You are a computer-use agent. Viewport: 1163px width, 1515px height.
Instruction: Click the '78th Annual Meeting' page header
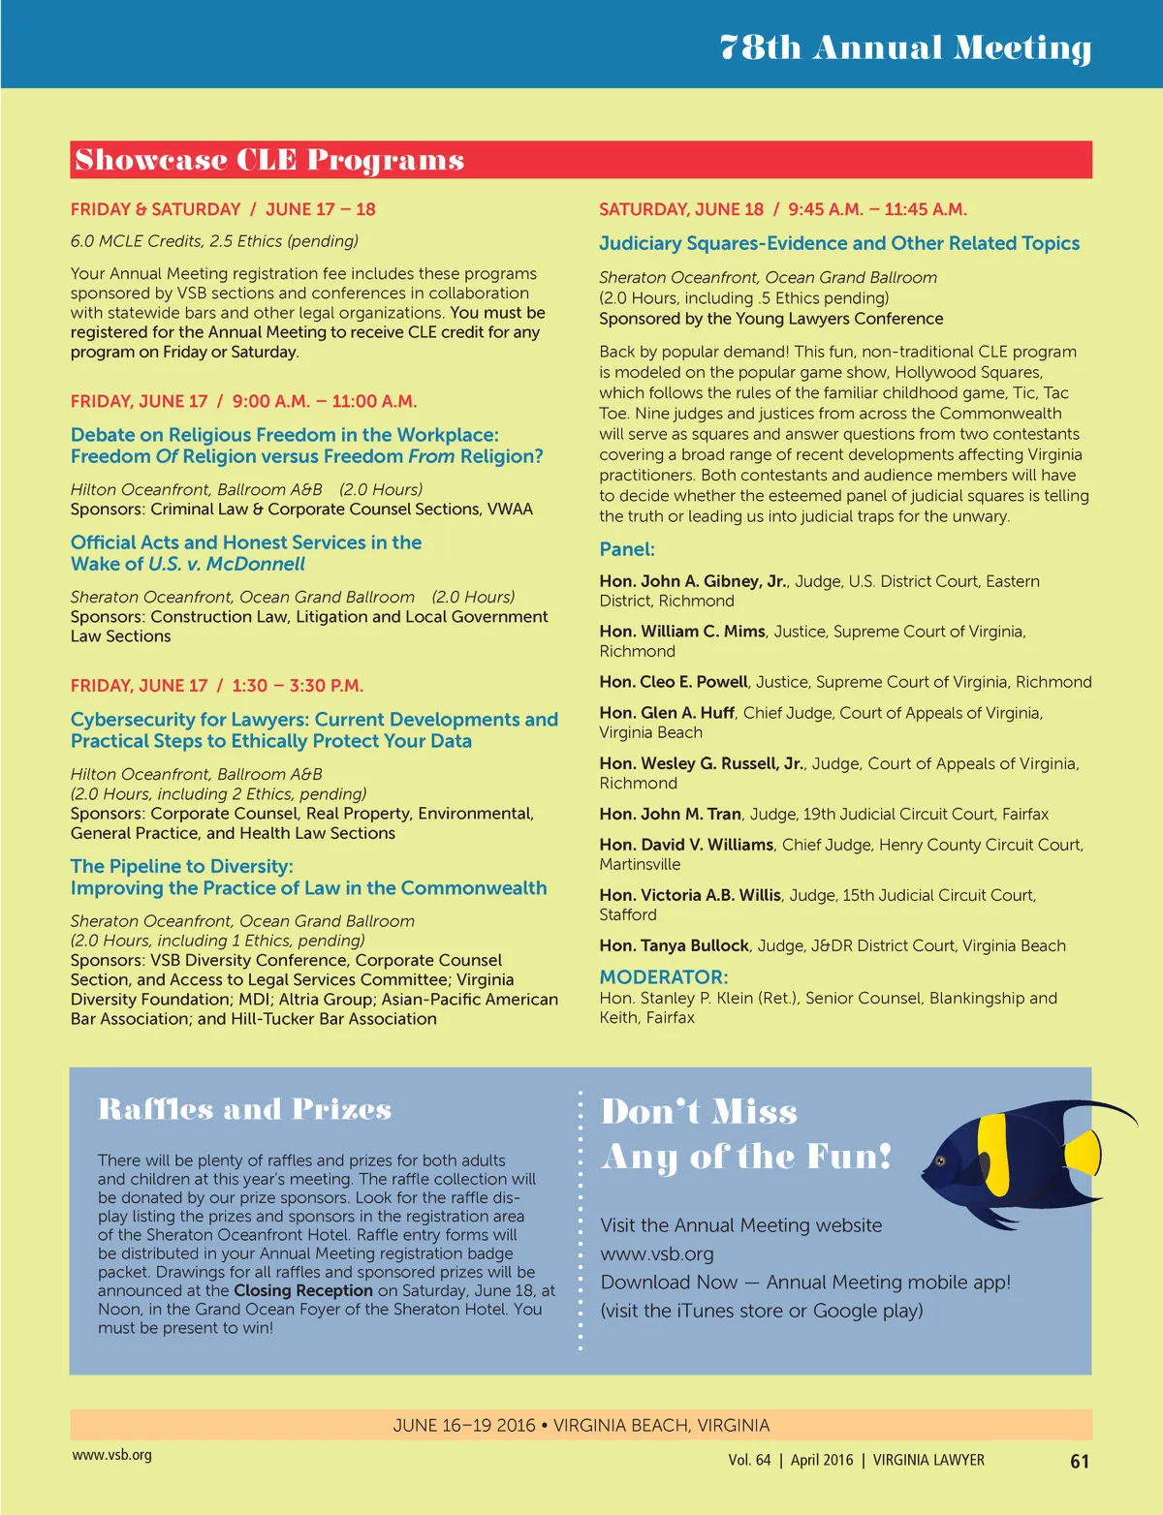905,46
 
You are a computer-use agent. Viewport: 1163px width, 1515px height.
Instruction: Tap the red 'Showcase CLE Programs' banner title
269,160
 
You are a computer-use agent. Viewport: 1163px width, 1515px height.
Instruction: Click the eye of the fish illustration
938,1160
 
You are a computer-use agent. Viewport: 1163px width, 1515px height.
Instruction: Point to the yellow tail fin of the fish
1083,1153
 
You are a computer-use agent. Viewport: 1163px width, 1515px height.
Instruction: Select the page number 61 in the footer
1080,1461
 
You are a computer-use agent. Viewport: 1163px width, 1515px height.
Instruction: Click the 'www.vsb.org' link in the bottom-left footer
111,1455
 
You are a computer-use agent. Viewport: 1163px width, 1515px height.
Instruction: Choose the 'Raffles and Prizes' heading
244,1109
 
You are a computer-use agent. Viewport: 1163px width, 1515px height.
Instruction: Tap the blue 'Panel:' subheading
627,549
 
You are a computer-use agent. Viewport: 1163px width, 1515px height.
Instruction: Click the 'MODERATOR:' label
663,977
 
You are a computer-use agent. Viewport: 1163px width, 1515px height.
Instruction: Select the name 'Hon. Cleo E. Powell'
674,682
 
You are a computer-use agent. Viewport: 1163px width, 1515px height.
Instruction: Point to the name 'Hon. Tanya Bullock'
674,945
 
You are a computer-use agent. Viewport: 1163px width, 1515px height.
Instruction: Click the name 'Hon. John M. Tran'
670,814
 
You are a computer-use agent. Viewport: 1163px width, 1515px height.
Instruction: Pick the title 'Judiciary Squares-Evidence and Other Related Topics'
838,243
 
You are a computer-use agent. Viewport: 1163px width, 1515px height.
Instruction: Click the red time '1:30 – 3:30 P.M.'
298,686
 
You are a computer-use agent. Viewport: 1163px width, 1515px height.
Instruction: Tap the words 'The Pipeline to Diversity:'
181,866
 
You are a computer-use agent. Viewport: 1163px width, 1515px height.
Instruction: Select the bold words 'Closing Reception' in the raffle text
303,1290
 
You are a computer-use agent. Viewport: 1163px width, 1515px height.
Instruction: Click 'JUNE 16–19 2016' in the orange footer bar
464,1425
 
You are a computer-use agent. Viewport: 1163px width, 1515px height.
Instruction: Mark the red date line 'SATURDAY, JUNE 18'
681,209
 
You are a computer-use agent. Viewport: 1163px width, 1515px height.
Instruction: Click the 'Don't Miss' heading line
699,1111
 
